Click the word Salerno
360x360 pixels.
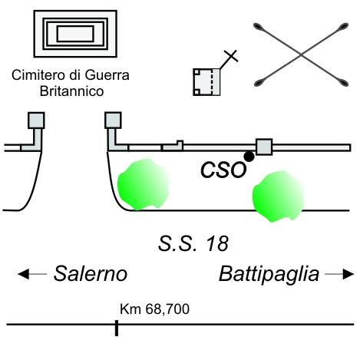coord(91,274)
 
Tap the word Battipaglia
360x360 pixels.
coord(269,275)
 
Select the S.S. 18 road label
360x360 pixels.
coord(193,243)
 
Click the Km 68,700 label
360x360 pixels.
coord(154,309)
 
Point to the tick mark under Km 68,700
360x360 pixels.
coord(117,328)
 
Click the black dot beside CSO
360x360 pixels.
coord(249,157)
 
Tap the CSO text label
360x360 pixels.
coord(223,170)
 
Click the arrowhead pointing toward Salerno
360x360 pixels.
coord(23,274)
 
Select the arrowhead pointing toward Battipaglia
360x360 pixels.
coord(348,274)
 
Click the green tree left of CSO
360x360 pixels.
coord(144,183)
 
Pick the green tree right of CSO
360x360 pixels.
coord(278,197)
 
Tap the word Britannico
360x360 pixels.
coord(71,91)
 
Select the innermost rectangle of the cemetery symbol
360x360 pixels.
coord(75,34)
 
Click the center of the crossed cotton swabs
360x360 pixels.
coord(301,54)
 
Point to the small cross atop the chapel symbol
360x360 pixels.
coord(231,56)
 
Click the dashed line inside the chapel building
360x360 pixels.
coord(211,82)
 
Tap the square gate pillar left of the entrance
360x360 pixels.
coord(36,121)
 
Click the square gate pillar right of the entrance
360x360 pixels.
coord(113,120)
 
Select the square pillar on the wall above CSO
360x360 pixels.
coord(264,147)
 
